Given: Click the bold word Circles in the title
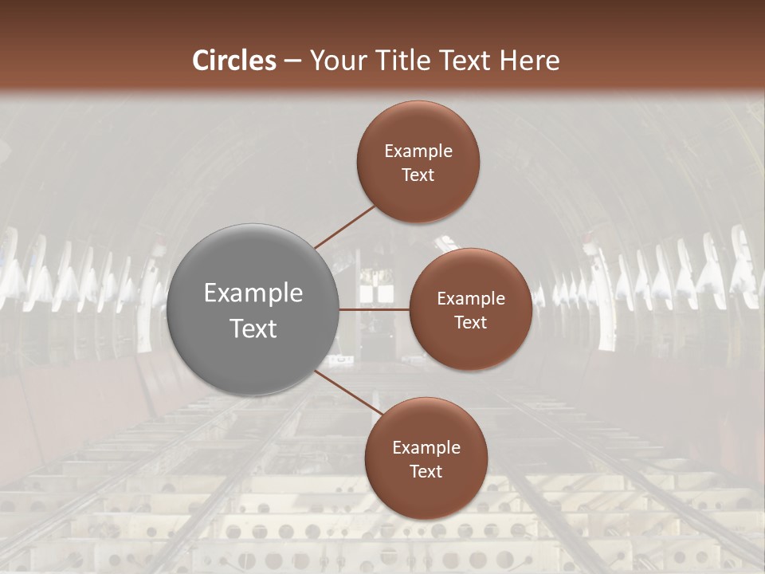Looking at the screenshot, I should pos(234,61).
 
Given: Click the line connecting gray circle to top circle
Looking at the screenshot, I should pos(345,226).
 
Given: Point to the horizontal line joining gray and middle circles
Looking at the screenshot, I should pos(374,309).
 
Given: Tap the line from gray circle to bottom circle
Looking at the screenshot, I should pos(349,391).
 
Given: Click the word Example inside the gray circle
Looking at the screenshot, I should pos(253,293).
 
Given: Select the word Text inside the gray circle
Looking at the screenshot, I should pos(253,328).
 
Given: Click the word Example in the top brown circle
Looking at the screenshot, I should pos(418,151).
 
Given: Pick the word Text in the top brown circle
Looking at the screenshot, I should pos(418,175).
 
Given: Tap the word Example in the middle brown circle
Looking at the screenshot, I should pos(471,299).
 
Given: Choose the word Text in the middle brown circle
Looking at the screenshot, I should pos(471,323).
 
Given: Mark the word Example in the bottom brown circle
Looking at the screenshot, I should pos(426,448).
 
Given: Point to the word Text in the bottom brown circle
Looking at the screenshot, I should pos(426,472).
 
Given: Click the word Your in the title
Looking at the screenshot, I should pos(335,61).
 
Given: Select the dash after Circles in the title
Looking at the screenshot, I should pos(292,61).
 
